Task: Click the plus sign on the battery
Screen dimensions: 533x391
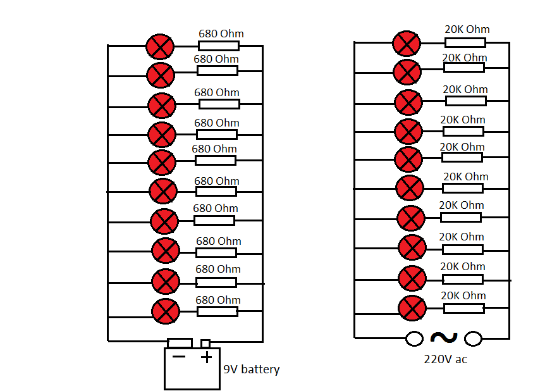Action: click(x=206, y=357)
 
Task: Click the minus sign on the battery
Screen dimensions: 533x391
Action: click(x=179, y=356)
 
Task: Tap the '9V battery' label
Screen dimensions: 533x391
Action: click(x=251, y=369)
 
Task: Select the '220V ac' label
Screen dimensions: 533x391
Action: click(x=445, y=359)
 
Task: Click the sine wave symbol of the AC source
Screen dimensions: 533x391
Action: click(x=444, y=337)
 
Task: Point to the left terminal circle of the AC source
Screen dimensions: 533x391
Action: click(x=414, y=338)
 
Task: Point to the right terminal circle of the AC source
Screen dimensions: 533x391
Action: click(x=473, y=338)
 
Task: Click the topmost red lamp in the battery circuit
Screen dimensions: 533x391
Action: click(x=160, y=47)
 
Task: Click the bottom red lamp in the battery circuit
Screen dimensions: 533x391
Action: click(x=166, y=311)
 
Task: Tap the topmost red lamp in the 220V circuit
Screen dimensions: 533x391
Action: click(x=407, y=44)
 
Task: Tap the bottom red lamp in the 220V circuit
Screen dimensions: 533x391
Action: click(x=412, y=308)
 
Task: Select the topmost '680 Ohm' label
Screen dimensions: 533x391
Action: click(x=221, y=34)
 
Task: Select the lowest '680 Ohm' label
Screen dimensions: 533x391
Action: click(x=218, y=300)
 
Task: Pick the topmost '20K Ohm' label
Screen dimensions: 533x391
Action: click(x=467, y=29)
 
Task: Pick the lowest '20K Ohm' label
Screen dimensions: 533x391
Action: click(x=463, y=295)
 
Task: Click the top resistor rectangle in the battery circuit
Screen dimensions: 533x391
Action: click(x=219, y=46)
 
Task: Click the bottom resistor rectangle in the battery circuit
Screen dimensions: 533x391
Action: click(x=217, y=311)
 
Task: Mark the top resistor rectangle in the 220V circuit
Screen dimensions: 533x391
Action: click(x=465, y=42)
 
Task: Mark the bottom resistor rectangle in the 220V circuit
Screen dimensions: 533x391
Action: click(x=464, y=308)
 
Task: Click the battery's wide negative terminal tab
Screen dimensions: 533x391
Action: click(x=180, y=343)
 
